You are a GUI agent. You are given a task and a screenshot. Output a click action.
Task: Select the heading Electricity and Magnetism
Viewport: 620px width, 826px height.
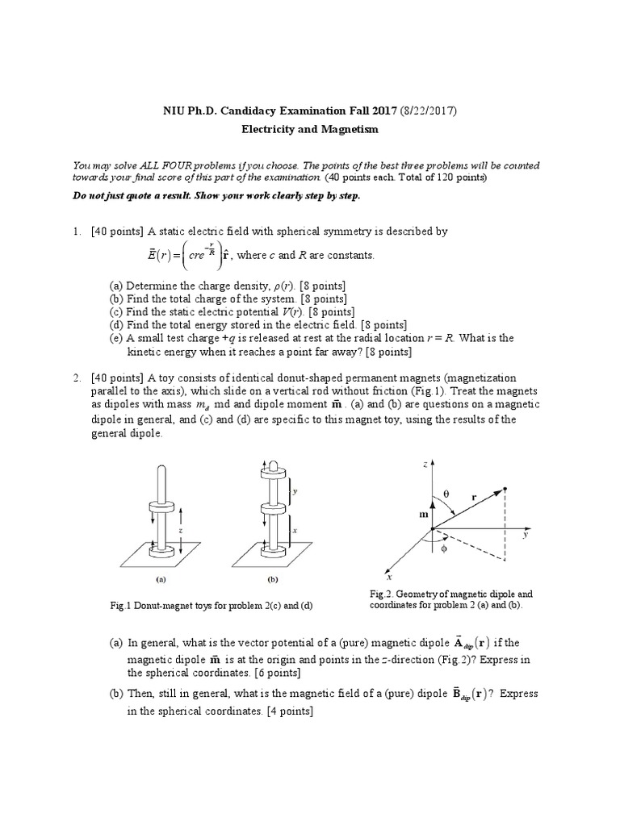point(310,129)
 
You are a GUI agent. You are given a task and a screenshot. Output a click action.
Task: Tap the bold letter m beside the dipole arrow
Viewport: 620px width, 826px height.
point(423,514)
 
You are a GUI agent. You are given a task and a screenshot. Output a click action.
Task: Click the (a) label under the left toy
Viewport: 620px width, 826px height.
point(161,578)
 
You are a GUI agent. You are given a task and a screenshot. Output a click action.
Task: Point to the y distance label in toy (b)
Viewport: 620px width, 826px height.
point(296,490)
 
